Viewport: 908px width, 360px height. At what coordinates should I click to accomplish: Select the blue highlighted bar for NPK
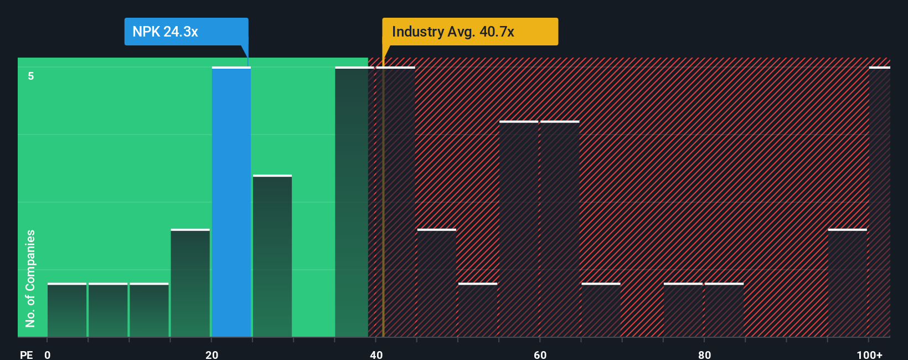[231, 202]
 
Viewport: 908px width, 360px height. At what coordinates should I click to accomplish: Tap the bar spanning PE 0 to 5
[67, 310]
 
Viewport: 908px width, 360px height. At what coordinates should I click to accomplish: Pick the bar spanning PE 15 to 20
[190, 283]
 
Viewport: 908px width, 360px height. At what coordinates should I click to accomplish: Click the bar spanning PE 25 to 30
[272, 256]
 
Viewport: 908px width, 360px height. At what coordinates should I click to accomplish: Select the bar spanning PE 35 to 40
[352, 202]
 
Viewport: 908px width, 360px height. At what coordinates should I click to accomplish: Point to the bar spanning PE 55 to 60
[519, 229]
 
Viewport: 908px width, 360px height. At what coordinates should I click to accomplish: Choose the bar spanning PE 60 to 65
[560, 229]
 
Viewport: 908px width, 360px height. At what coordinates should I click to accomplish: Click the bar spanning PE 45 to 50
[437, 283]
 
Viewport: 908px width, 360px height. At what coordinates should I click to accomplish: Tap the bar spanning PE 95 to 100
[848, 283]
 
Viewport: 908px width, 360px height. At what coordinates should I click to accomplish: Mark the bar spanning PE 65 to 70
[601, 310]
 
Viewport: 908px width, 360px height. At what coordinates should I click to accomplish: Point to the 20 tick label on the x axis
[211, 354]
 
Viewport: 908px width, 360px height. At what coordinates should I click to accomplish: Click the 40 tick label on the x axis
[376, 354]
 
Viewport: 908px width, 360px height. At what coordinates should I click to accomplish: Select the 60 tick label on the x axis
[540, 354]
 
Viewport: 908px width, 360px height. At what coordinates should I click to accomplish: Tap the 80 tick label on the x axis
[704, 354]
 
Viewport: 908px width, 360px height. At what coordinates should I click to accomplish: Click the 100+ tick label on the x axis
[869, 354]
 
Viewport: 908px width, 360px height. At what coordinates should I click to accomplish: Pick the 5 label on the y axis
[31, 76]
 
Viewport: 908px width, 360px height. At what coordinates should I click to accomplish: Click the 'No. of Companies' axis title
[30, 278]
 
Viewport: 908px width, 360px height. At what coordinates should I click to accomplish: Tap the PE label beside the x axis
[26, 354]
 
